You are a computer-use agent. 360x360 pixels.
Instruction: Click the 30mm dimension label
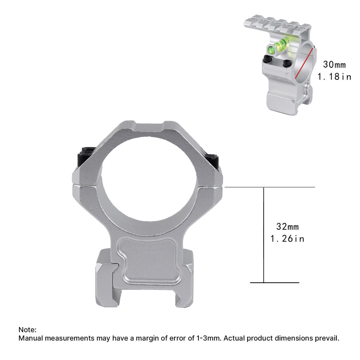pos(334,64)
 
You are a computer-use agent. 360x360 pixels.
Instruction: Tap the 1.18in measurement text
pos(334,76)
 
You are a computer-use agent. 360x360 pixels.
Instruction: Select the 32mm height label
pos(287,227)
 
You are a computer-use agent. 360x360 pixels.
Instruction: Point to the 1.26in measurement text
pos(287,239)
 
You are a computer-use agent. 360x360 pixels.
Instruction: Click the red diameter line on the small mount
pos(304,64)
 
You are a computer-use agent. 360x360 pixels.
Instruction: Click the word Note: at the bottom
pos(27,330)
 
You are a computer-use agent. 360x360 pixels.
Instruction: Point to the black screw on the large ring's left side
pos(86,156)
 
